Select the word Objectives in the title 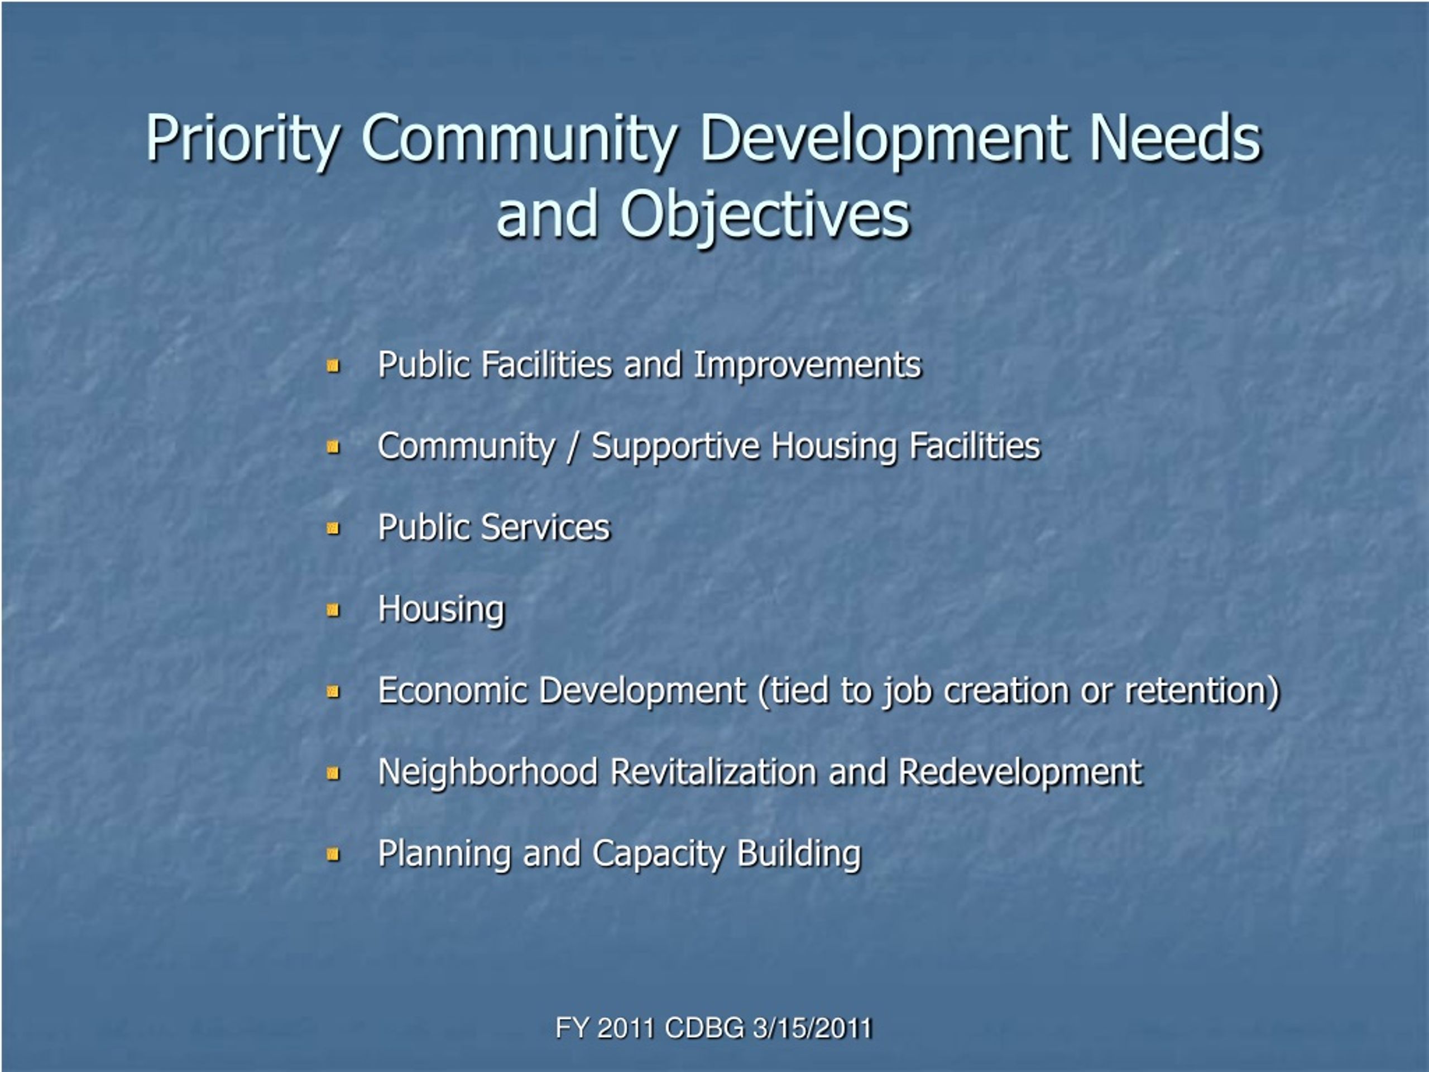point(765,214)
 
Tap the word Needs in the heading point(1175,138)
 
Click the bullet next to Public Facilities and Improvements point(333,366)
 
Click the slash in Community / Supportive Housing point(572,447)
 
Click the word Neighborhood point(488,773)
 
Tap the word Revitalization point(714,772)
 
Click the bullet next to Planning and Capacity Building point(333,855)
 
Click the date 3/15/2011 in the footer point(813,1028)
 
